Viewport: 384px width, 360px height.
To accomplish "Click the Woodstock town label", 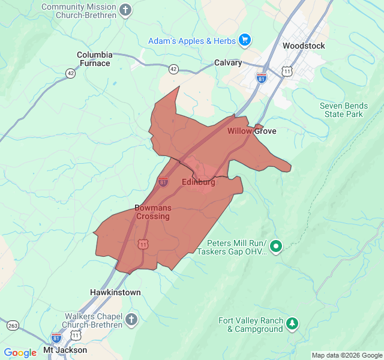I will pos(303,46).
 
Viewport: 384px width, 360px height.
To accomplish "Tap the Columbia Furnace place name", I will pos(94,59).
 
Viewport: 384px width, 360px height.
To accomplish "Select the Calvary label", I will pos(229,62).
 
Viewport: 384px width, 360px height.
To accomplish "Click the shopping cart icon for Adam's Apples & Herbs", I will pos(244,41).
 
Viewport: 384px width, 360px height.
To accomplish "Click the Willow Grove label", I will pos(251,131).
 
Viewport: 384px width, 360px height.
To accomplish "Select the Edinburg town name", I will pos(198,182).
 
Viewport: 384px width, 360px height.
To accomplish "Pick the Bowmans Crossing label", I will pos(152,212).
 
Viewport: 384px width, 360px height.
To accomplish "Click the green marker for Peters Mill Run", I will pos(276,246).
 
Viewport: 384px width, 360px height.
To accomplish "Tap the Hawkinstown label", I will pos(115,292).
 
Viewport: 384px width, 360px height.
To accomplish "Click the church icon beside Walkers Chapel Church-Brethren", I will pos(131,320).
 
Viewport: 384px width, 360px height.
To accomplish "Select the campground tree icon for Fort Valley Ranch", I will pos(292,324).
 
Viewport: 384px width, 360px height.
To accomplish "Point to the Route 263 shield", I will pos(13,325).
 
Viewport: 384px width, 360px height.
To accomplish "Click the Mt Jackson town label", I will pos(65,350).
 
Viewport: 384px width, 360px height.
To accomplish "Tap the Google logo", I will pos(20,353).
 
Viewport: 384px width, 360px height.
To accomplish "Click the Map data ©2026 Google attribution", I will pos(346,355).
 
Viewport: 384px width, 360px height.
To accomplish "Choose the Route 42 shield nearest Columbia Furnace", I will pos(71,73).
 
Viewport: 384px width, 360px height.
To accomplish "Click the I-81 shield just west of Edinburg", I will pos(163,181).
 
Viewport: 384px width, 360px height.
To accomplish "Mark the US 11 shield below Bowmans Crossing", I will pos(143,244).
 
